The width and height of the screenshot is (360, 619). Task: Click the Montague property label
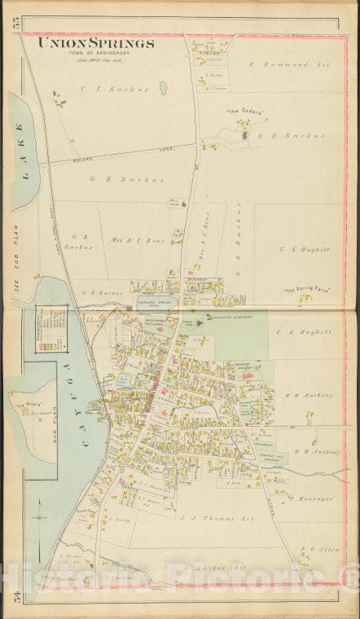(x=314, y=498)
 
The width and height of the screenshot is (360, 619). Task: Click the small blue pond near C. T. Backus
(x=163, y=88)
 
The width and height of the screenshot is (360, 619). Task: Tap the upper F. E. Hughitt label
(x=302, y=249)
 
